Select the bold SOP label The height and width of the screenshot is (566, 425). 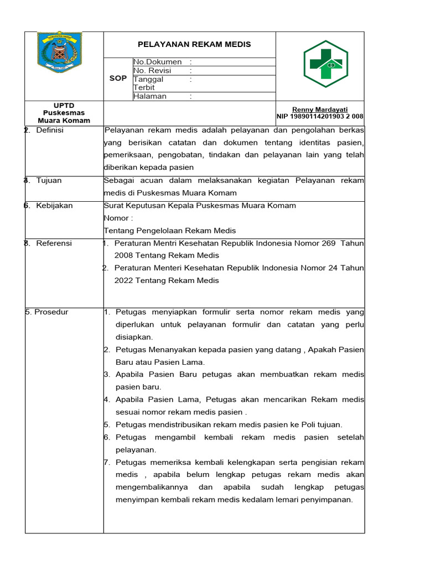118,78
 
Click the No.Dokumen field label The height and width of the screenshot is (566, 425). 158,62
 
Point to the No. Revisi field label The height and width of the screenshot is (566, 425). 153,71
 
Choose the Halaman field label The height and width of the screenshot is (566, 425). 150,96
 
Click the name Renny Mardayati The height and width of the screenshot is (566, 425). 320,109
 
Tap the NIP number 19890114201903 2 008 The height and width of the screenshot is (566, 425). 320,117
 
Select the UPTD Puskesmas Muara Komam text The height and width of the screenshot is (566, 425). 64,113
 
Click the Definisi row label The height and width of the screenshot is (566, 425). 50,130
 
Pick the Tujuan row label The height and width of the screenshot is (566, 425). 49,181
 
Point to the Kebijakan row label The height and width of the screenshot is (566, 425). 54,206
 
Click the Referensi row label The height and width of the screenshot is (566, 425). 54,243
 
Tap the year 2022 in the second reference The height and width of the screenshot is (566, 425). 124,280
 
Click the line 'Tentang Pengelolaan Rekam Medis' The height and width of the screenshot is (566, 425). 170,230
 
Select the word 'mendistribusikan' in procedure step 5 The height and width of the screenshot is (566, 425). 180,424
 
